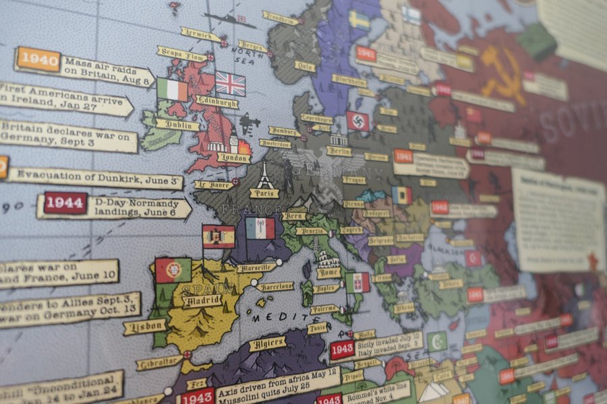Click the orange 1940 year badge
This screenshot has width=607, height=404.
38,59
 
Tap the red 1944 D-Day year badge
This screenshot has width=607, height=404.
65,203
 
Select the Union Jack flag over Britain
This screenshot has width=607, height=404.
230,83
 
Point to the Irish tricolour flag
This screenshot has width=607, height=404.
172,90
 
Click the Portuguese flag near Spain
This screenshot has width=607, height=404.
173,270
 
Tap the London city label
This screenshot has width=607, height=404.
233,158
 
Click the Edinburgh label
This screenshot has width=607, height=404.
216,102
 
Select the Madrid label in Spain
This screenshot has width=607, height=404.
202,300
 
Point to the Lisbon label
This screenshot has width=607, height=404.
145,326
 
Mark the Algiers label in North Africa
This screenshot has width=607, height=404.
268,343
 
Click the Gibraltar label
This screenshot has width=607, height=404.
159,362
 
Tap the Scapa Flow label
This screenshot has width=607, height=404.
181,53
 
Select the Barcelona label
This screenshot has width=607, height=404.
275,286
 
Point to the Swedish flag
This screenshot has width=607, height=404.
359,20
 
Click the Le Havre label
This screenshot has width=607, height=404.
214,184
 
